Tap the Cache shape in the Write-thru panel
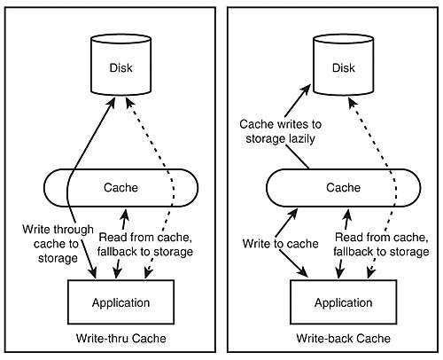(120, 188)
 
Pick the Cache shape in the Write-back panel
(343, 188)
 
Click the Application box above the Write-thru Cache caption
(120, 302)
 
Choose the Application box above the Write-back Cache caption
(343, 302)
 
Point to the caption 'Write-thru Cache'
(120, 339)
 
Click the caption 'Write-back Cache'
(343, 339)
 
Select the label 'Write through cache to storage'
(58, 244)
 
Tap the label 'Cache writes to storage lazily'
(280, 131)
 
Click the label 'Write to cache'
(280, 244)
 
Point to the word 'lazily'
(302, 138)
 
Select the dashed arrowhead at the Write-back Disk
(353, 104)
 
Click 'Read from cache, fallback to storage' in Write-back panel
(381, 245)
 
